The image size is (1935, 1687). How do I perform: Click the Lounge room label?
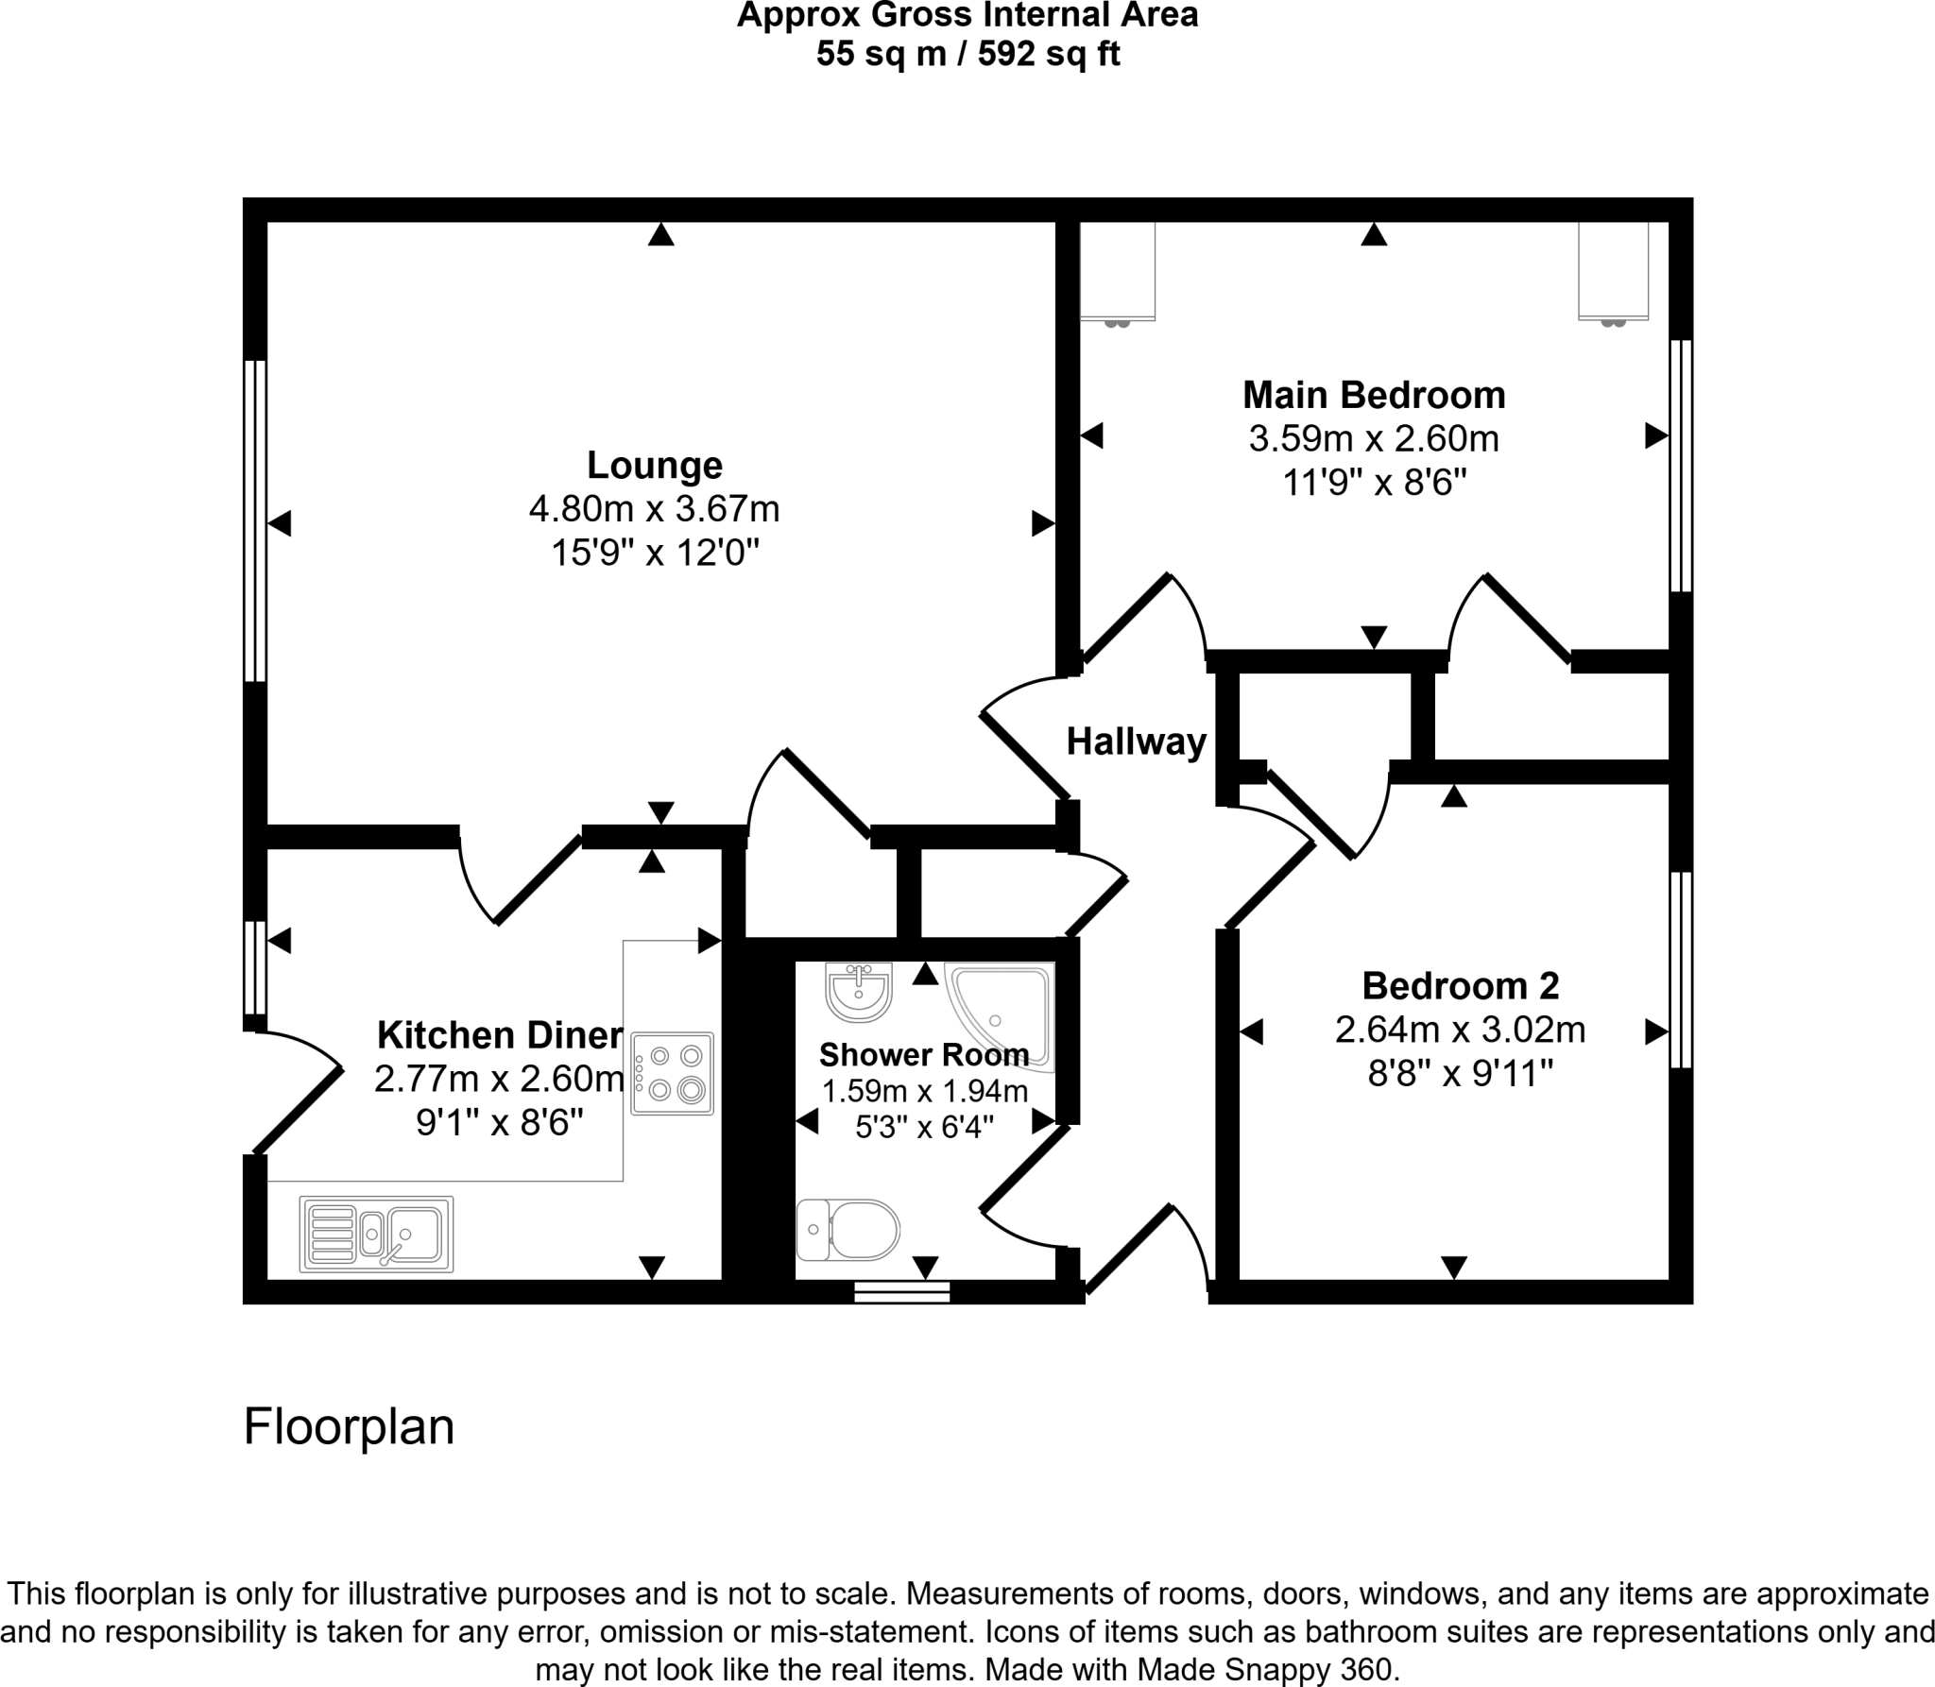(x=655, y=466)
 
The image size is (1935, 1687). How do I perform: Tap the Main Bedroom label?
(x=1373, y=395)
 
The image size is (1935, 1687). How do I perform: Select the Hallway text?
(x=1136, y=741)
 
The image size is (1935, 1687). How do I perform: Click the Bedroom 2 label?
(x=1460, y=986)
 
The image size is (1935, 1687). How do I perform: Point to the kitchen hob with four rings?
(x=672, y=1073)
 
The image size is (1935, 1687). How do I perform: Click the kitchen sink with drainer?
(x=376, y=1234)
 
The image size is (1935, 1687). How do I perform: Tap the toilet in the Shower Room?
(x=848, y=1230)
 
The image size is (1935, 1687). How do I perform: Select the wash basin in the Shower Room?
(x=858, y=992)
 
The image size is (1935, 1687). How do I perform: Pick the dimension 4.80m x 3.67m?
(x=655, y=509)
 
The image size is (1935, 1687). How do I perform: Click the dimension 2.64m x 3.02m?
(x=1460, y=1030)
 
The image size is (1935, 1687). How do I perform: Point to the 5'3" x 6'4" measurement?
(x=924, y=1127)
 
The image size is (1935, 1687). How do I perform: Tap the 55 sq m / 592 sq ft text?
(x=967, y=54)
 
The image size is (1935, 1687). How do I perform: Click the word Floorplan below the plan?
(x=349, y=1426)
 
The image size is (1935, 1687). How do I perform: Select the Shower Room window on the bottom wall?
(x=901, y=1292)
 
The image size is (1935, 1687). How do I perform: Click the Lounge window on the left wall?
(x=254, y=520)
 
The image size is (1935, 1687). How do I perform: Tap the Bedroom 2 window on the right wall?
(x=1681, y=969)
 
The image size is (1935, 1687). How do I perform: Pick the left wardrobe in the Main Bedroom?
(x=1118, y=271)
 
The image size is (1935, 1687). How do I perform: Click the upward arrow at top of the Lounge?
(x=661, y=234)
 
